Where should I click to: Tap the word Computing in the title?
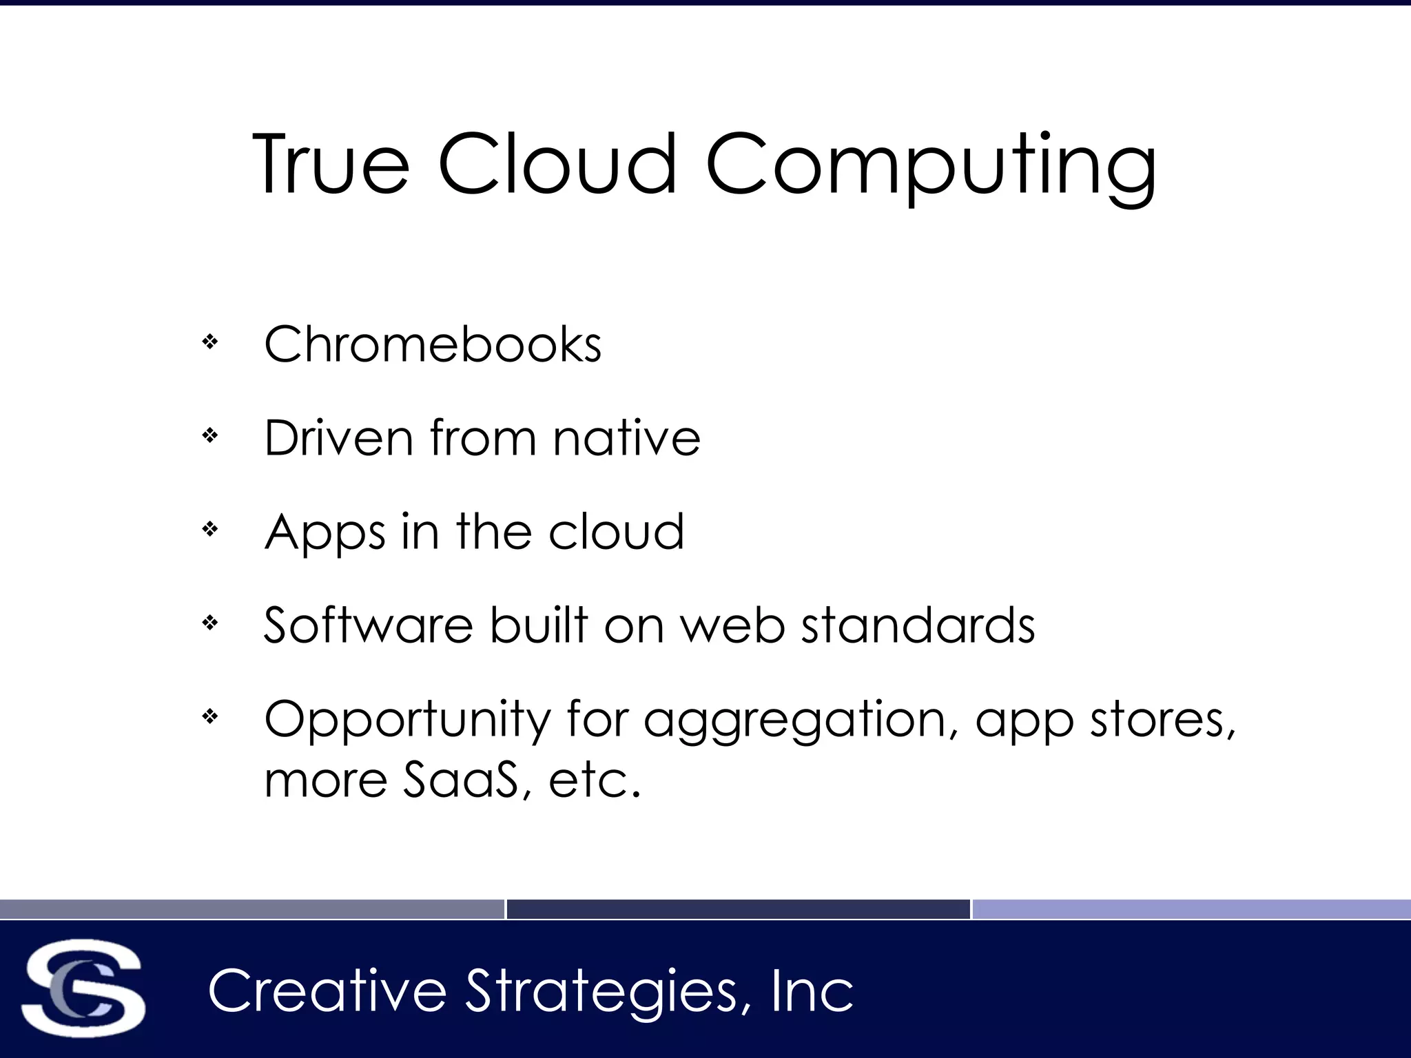[x=931, y=165]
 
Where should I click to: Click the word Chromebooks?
[x=433, y=344]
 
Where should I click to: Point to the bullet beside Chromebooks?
[x=210, y=342]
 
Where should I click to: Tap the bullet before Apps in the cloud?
[x=210, y=529]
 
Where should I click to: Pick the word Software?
[x=369, y=625]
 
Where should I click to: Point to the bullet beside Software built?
[x=210, y=623]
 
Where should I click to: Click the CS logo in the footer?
[x=83, y=988]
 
